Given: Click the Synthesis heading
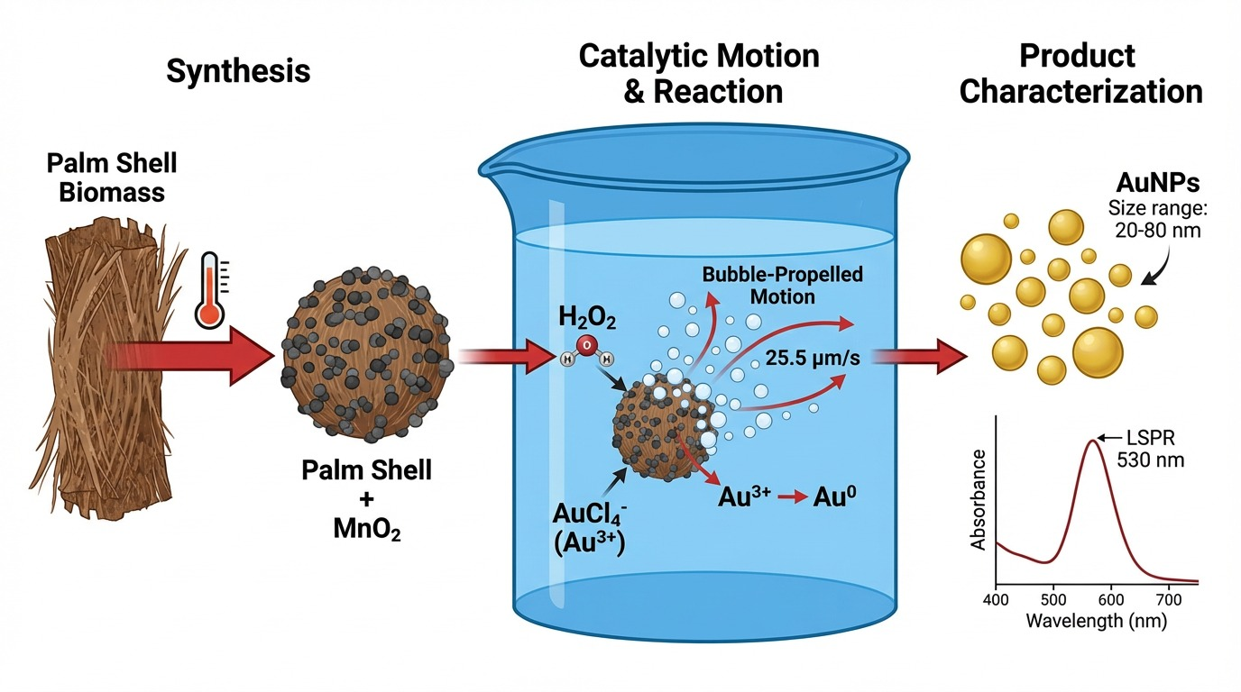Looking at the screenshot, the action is tap(238, 71).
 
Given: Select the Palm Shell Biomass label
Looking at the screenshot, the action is tap(112, 178).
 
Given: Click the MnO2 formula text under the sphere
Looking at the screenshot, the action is tap(367, 529).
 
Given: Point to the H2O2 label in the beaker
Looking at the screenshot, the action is tap(587, 317).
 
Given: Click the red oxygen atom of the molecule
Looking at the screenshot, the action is tap(586, 345).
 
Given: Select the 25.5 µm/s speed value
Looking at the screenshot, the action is tap(813, 359).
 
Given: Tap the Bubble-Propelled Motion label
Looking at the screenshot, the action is tap(782, 285).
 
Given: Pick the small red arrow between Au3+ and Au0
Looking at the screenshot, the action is tap(792, 497).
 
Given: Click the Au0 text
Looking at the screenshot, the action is tap(834, 496).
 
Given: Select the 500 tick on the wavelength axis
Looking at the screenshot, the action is tap(1053, 599).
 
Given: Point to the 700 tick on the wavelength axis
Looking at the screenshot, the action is tap(1169, 599).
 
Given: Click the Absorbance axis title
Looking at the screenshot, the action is tap(979, 500).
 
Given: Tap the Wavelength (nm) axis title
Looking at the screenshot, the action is tap(1097, 621).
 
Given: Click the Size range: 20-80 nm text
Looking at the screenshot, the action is tap(1157, 219).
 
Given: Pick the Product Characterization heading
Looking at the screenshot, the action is tap(1080, 74).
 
